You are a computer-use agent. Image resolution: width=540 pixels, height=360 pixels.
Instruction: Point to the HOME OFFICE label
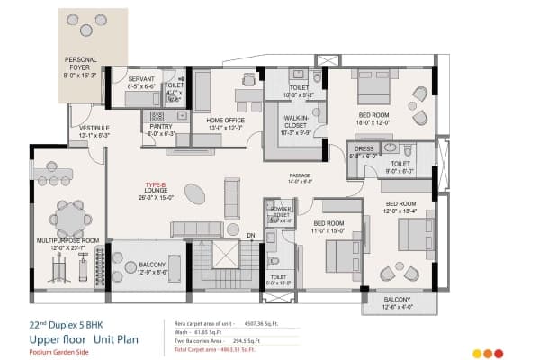(x=226, y=120)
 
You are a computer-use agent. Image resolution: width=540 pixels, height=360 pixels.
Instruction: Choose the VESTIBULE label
(x=94, y=129)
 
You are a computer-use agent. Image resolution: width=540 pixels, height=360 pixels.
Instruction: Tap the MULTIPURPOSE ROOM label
(x=67, y=241)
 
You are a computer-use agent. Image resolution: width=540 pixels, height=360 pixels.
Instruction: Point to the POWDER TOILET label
(x=280, y=211)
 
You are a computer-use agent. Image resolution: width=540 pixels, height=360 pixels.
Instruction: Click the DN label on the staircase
(x=251, y=235)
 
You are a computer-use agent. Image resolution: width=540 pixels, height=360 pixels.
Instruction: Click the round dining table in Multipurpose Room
(x=68, y=215)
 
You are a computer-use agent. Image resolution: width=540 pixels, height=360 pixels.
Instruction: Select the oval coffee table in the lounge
(x=193, y=193)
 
